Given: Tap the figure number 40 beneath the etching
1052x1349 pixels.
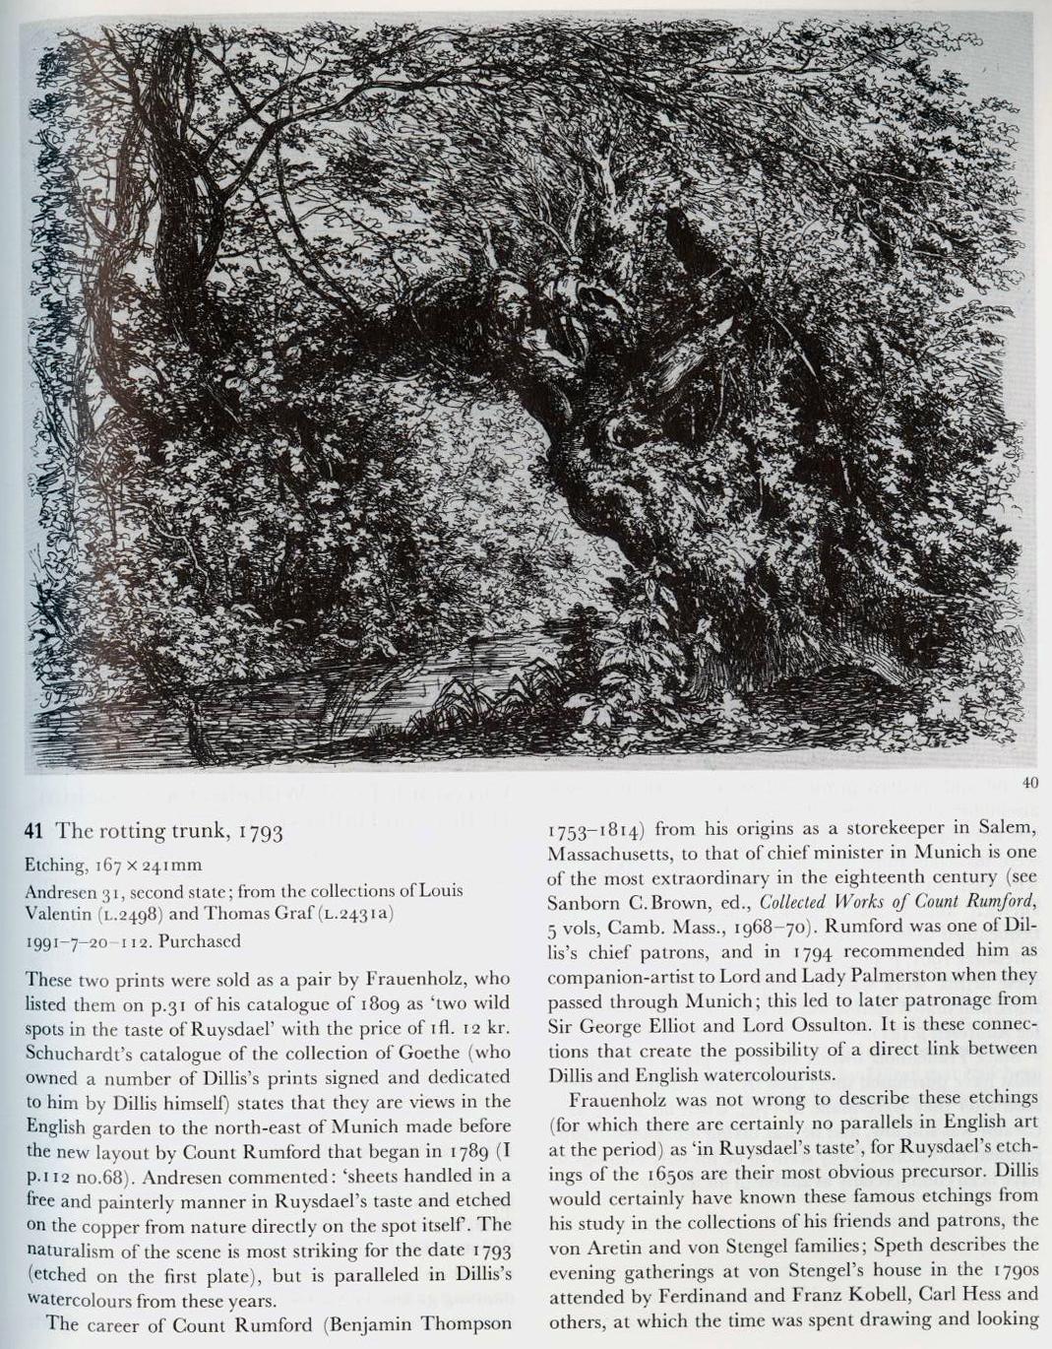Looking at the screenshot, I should coord(1030,783).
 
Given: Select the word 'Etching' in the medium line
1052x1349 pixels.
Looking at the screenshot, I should coord(54,866).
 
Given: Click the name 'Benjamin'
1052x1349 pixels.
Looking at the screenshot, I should coord(385,1323).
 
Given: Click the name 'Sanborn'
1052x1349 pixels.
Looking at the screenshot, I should coord(581,901).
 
